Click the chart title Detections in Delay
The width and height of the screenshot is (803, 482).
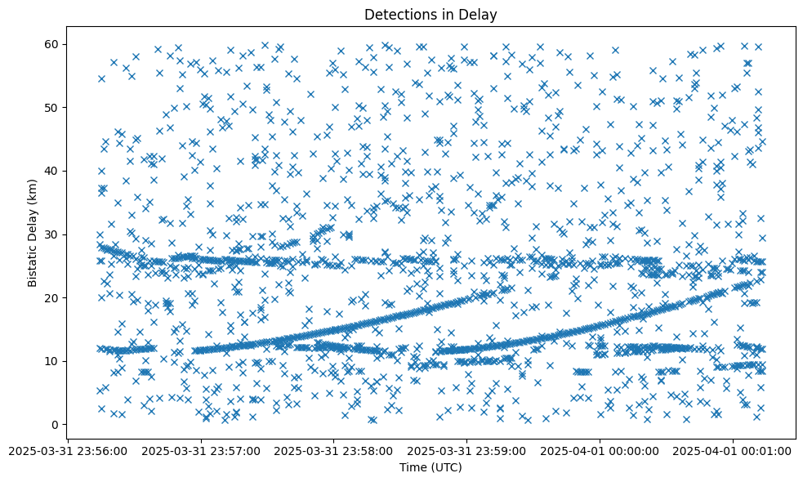pyautogui.click(x=430, y=14)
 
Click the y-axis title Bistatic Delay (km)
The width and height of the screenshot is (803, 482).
pyautogui.click(x=33, y=233)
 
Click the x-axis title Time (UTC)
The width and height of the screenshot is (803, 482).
pyautogui.click(x=430, y=467)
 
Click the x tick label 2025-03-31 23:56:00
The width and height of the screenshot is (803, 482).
pyautogui.click(x=68, y=451)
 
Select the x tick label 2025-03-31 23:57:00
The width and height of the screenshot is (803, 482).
pyautogui.click(x=201, y=451)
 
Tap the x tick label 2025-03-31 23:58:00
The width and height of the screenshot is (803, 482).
pyautogui.click(x=334, y=451)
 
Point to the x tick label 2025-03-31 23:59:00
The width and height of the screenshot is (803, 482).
pyautogui.click(x=467, y=451)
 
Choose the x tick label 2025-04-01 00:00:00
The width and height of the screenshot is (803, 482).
pyautogui.click(x=600, y=451)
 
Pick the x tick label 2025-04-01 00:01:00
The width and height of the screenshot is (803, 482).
pyautogui.click(x=734, y=451)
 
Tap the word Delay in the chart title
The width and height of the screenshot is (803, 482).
pyautogui.click(x=480, y=14)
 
